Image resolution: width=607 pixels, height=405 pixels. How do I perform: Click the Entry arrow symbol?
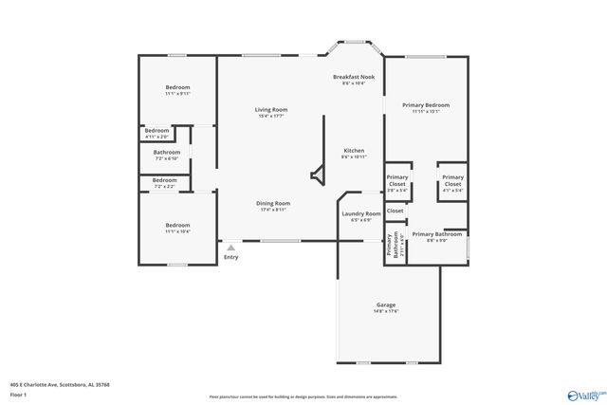point(230,248)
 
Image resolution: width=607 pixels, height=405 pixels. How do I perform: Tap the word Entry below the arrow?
point(230,257)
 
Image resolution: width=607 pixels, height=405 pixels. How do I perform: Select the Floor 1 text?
point(18,394)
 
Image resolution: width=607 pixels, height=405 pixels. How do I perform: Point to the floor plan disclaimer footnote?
point(303,396)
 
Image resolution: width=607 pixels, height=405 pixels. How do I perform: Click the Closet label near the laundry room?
point(395,211)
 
